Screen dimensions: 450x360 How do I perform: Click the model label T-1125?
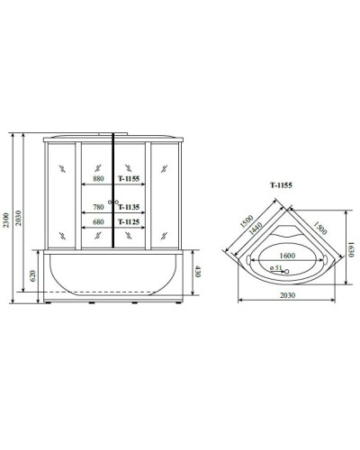click(x=131, y=220)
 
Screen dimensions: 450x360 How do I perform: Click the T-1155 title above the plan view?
click(x=281, y=186)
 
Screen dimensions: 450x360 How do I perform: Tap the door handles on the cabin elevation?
click(x=113, y=202)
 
